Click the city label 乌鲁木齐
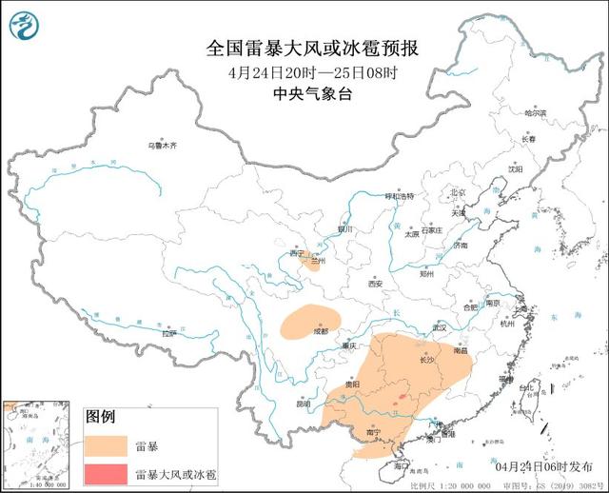pos(163,146)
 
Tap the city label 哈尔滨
pos(536,112)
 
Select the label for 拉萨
pos(168,334)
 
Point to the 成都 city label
pos(320,331)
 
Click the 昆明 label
pos(303,404)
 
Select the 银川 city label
pos(344,229)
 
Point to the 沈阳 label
pos(515,168)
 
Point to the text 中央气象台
pos(302,93)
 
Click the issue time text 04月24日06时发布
pos(543,467)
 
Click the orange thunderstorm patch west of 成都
pos(304,322)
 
